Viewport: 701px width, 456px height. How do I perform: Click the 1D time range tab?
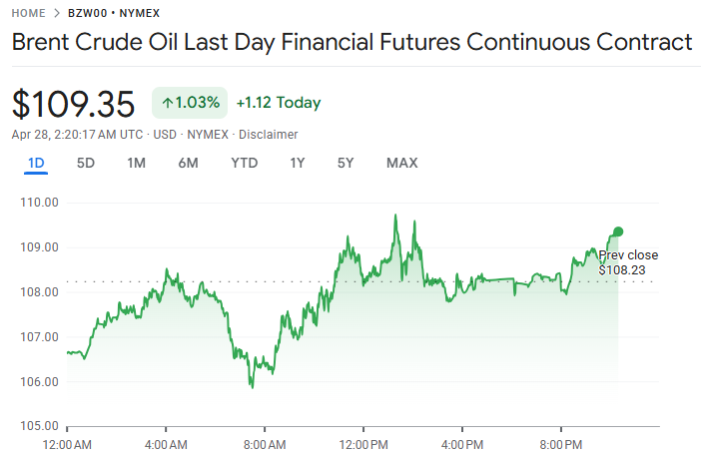click(x=36, y=163)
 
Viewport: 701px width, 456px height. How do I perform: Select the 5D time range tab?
click(x=86, y=163)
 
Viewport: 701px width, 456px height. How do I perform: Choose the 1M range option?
click(x=137, y=163)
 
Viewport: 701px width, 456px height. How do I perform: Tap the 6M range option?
click(x=188, y=163)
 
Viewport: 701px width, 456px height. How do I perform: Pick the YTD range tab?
click(x=245, y=163)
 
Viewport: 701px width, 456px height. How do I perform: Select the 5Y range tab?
click(x=346, y=163)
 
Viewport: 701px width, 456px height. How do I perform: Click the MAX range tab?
click(x=401, y=163)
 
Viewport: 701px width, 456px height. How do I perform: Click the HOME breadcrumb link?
click(x=28, y=14)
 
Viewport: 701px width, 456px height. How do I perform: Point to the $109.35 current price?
click(x=73, y=104)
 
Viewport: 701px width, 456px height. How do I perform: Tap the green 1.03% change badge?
click(x=191, y=103)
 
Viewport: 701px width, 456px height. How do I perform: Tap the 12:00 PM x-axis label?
click(x=363, y=443)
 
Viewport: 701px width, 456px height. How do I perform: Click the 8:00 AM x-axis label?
click(x=266, y=443)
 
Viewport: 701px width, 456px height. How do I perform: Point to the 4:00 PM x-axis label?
click(x=462, y=443)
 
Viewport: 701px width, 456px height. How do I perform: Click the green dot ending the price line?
click(x=618, y=231)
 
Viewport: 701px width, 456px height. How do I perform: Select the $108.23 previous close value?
click(x=621, y=269)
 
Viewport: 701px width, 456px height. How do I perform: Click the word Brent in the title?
click(x=44, y=43)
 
